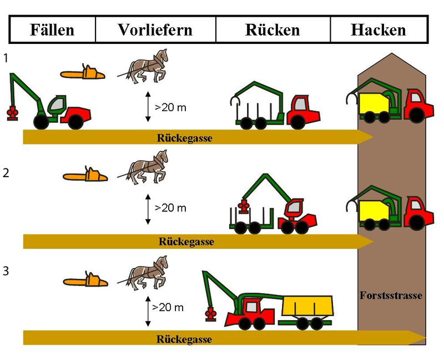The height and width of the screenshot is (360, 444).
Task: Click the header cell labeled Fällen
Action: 52,29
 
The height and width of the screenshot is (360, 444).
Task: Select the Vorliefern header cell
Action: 155,29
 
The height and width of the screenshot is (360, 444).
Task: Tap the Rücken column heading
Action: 273,29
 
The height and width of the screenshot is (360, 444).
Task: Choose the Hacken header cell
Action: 379,29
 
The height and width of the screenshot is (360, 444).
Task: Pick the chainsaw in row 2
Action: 85,175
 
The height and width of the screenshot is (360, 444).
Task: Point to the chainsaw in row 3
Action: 85,281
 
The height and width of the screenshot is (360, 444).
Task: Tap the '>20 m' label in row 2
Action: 170,208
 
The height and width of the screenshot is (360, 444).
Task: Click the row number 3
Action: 6,272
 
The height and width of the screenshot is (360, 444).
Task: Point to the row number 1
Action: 6,57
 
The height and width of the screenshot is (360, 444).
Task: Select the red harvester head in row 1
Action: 10,113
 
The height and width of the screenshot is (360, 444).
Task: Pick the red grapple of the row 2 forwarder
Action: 242,207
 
